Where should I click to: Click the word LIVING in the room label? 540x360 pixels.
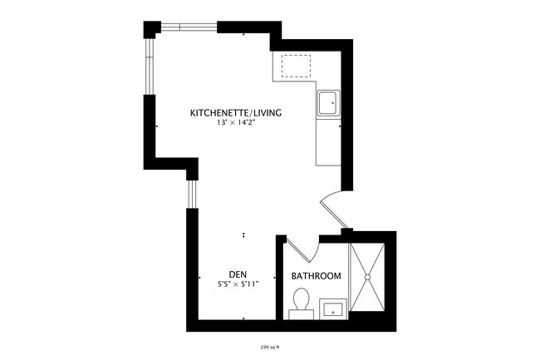[x=265, y=112]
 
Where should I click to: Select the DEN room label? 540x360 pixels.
[x=238, y=274]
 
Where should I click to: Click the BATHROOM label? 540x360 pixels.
[x=317, y=276]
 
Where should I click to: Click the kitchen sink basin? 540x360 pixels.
[x=326, y=103]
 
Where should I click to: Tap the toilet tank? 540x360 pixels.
[x=301, y=313]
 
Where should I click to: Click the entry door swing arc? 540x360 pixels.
[x=328, y=208]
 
